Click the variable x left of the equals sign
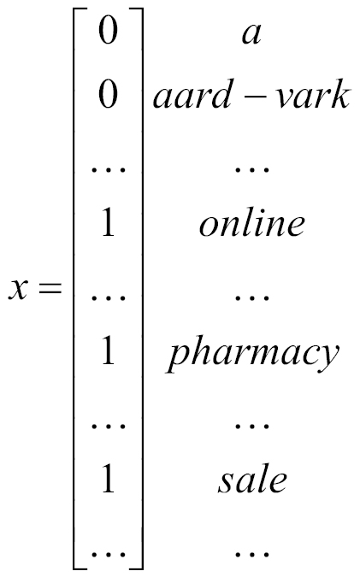[x=18, y=289]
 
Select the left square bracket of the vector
[x=78, y=289]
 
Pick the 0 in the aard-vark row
[x=108, y=94]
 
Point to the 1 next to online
[x=109, y=222]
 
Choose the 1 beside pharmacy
[x=109, y=350]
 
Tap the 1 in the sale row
[x=109, y=478]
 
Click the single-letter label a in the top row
[x=251, y=35]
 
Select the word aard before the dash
[x=192, y=94]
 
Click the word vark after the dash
[x=312, y=94]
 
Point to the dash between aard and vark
[x=254, y=98]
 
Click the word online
[x=252, y=222]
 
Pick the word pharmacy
[x=252, y=354]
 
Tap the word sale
[x=252, y=479]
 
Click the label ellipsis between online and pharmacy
[x=252, y=297]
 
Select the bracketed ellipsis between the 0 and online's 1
[x=109, y=169]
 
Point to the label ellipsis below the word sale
[x=252, y=553]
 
